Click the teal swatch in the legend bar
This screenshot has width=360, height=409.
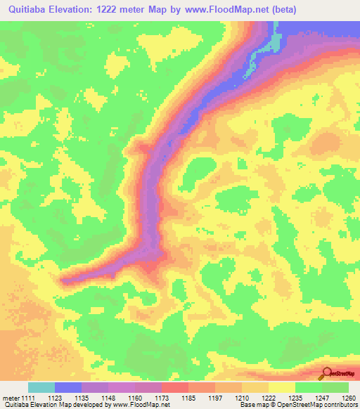point(41,387)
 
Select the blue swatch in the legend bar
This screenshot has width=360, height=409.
point(68,387)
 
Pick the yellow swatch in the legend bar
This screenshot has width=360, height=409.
point(281,387)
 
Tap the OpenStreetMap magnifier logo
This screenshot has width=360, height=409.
point(326,374)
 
